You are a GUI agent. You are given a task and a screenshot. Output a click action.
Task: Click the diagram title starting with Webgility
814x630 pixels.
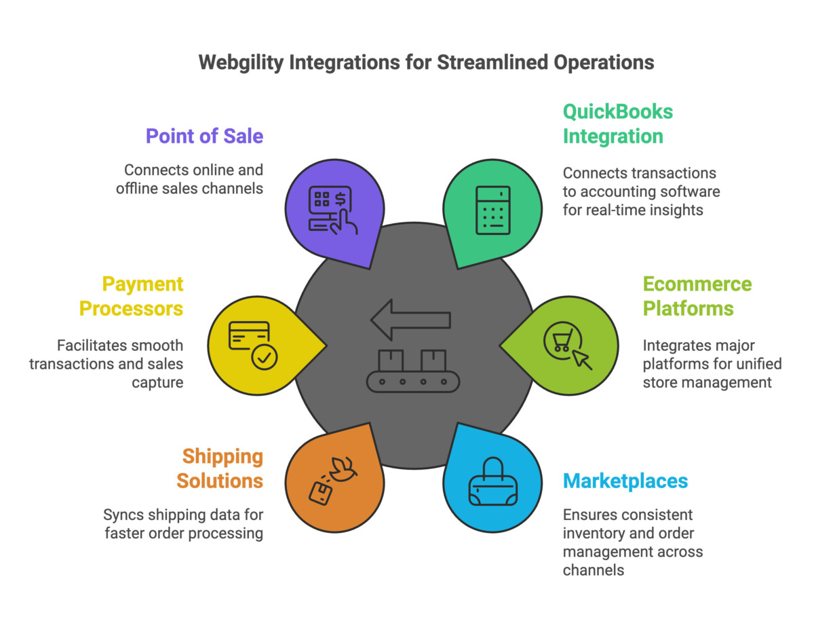click(426, 62)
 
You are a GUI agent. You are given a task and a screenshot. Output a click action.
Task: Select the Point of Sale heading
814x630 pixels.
click(204, 136)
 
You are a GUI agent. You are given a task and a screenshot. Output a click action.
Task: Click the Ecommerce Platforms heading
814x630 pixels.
click(688, 296)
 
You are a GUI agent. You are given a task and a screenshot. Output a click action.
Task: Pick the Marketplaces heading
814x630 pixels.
click(625, 481)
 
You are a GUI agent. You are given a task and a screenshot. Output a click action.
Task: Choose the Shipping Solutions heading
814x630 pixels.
click(220, 468)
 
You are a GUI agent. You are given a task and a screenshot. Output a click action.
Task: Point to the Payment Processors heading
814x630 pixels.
click(131, 296)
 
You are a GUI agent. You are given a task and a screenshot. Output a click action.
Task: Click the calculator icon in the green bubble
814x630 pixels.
click(493, 210)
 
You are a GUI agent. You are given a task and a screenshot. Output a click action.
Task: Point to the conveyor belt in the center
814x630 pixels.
click(412, 370)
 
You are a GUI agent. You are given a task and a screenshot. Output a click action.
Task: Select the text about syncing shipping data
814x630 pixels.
click(182, 523)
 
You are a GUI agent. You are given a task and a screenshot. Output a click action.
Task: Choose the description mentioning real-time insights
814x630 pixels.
click(641, 192)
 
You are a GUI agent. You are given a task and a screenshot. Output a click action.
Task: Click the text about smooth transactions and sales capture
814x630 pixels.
click(106, 364)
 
